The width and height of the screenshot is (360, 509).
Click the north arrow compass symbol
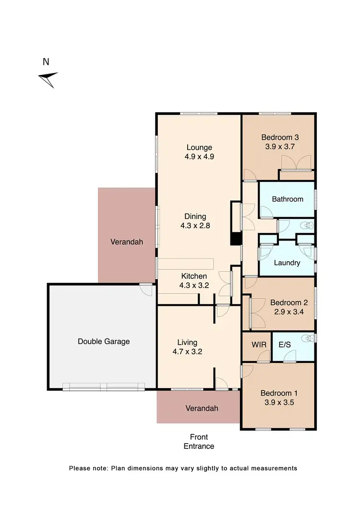tap(48, 79)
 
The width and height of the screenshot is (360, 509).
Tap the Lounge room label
tap(199, 147)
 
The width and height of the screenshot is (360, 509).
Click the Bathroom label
tap(288, 199)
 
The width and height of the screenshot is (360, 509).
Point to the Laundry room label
tap(287, 263)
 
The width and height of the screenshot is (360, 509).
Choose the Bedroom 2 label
tap(288, 303)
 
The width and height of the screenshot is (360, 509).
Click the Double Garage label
tap(104, 342)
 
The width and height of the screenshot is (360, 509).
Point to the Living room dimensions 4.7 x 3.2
tap(187, 351)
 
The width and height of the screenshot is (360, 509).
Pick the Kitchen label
tap(194, 276)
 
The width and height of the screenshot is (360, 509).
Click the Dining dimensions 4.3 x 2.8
tap(194, 225)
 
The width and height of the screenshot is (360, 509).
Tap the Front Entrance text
tap(199, 442)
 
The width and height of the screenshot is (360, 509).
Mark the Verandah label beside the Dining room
tap(127, 242)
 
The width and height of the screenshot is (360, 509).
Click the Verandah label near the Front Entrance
tap(202, 409)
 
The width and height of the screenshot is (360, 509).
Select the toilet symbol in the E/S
tap(311, 339)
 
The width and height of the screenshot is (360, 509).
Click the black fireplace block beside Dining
tap(236, 239)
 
